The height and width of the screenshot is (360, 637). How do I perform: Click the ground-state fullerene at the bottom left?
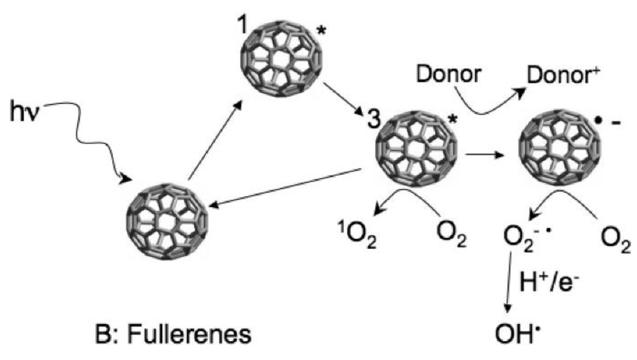[167, 221]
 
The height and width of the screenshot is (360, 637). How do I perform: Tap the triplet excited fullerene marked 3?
[416, 148]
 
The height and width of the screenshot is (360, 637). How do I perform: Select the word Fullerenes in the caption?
[189, 335]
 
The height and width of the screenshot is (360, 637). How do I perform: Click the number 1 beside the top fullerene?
[242, 25]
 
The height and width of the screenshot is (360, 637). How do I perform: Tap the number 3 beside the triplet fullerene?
[374, 120]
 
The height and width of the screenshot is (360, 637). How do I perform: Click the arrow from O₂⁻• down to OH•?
[508, 282]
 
